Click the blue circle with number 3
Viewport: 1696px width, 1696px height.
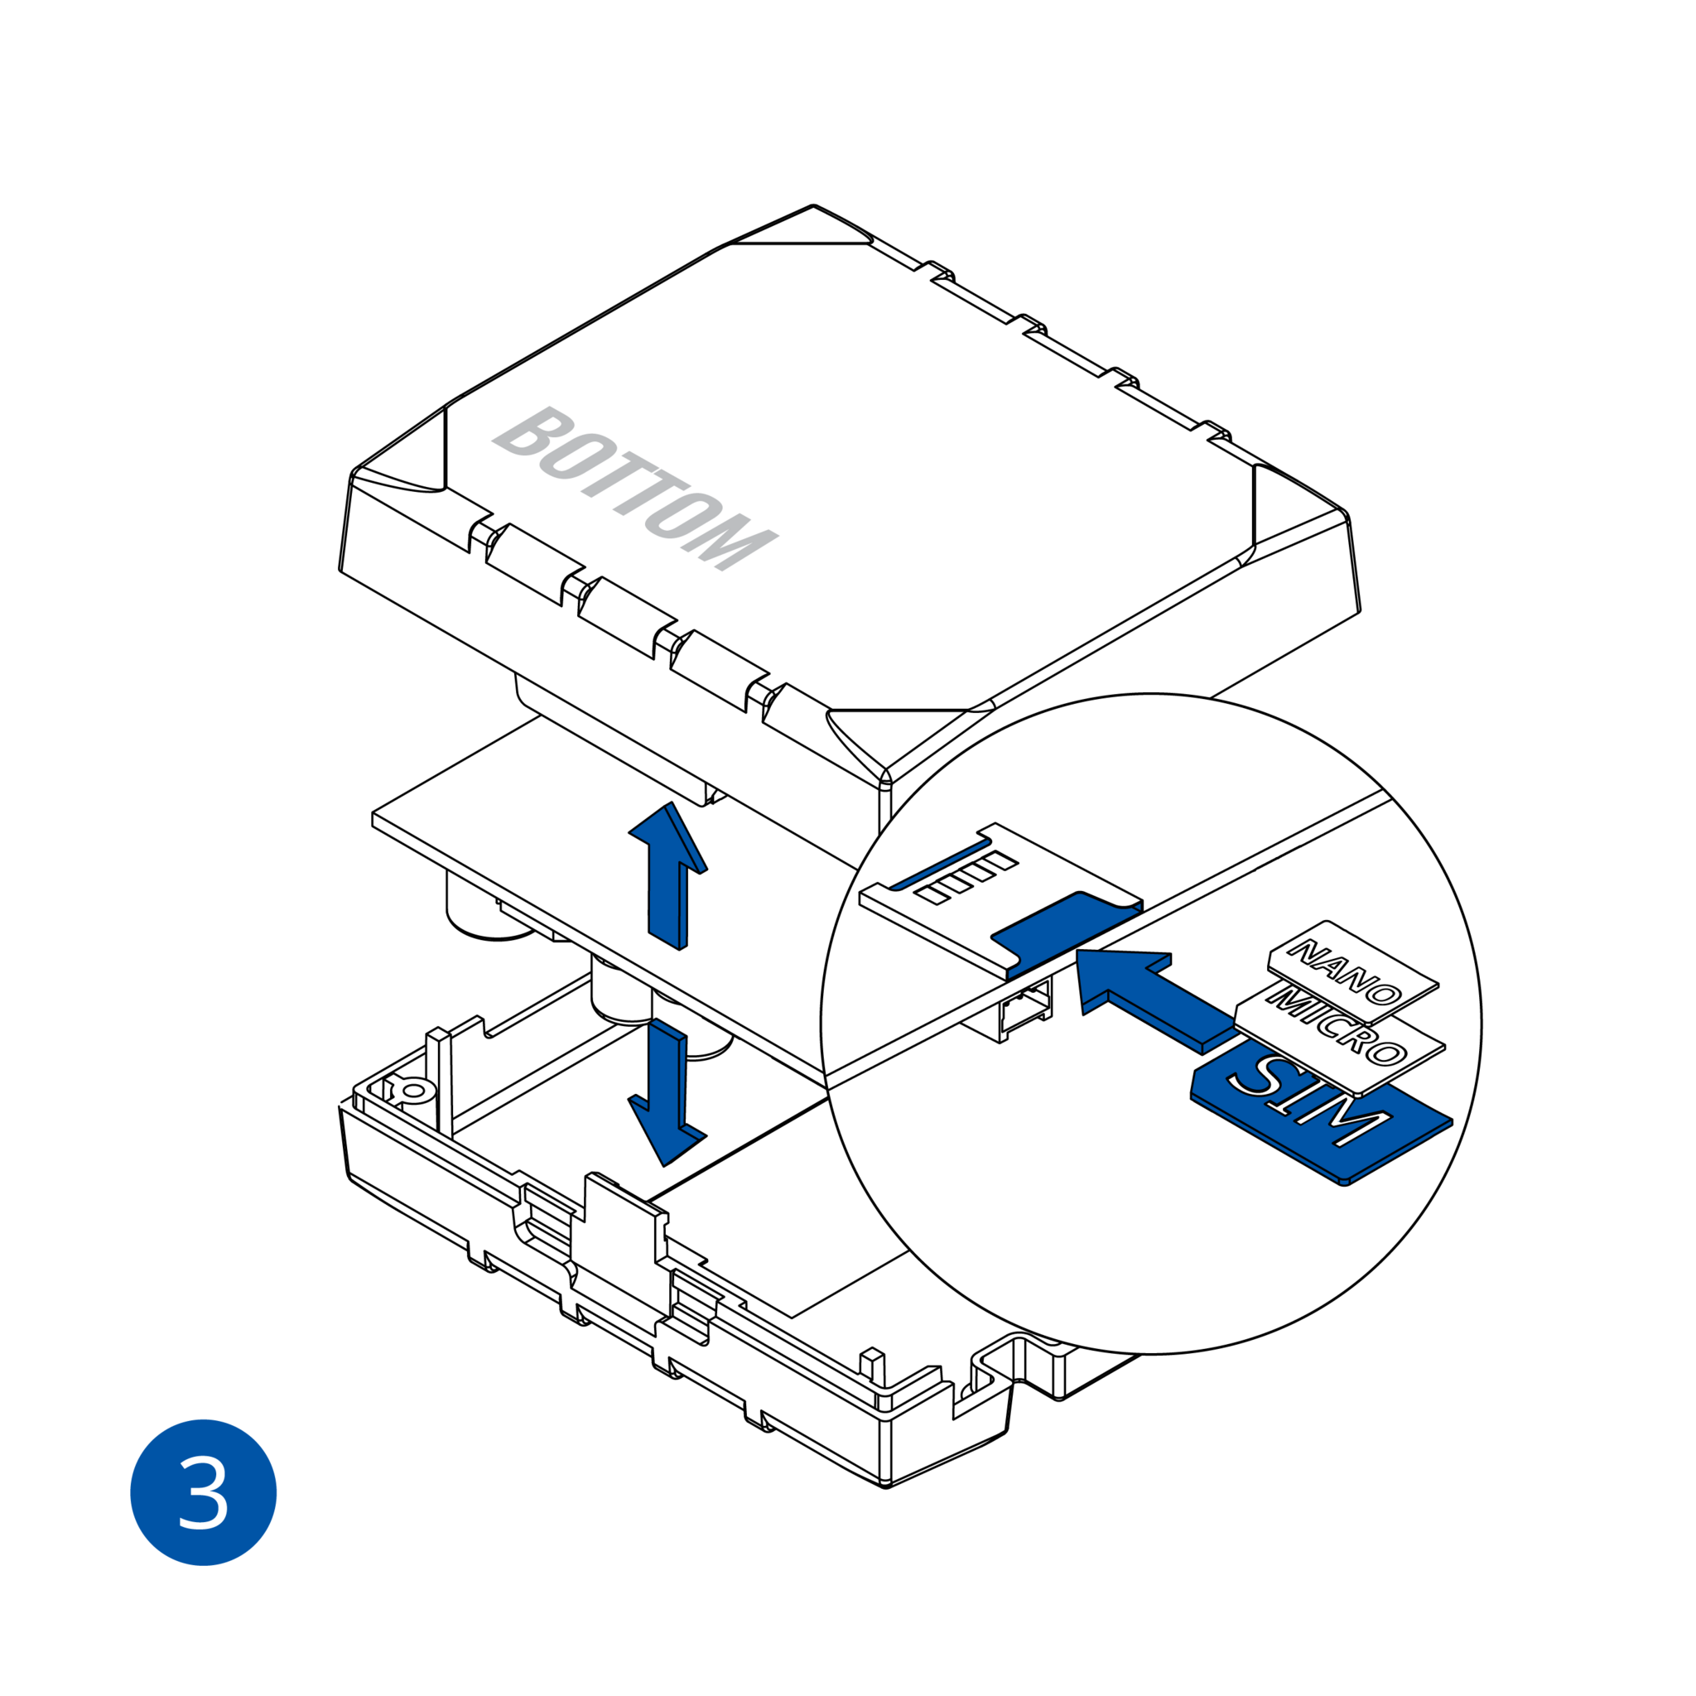pos(203,1492)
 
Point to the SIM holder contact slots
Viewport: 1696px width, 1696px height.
pos(966,877)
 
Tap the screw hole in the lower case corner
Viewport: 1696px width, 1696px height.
pos(413,1091)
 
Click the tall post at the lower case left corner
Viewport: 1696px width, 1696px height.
pos(439,1080)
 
